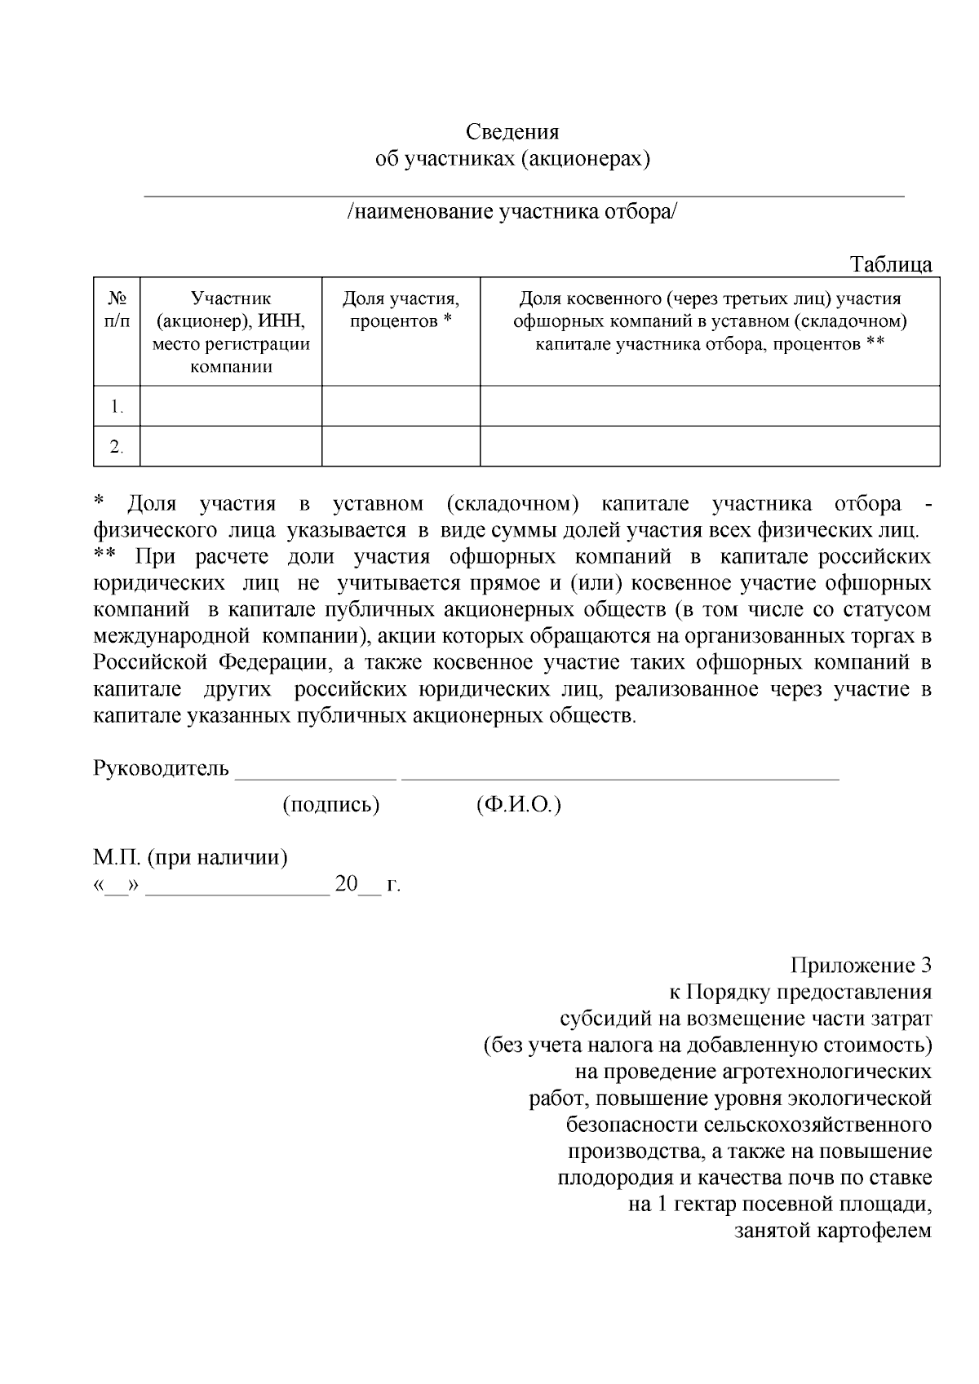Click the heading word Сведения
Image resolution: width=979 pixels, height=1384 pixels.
(512, 132)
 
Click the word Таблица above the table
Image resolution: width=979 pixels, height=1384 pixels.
(891, 265)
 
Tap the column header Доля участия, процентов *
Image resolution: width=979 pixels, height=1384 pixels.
(401, 310)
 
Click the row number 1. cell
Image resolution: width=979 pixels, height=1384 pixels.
(117, 406)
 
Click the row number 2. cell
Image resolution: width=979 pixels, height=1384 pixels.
(117, 447)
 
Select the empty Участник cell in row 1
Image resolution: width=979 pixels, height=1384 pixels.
(231, 406)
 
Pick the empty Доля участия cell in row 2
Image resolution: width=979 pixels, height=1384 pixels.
(401, 446)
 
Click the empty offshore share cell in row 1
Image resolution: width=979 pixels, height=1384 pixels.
(710, 406)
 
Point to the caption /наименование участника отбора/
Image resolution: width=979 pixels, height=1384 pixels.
(512, 212)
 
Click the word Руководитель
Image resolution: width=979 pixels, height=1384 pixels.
(161, 768)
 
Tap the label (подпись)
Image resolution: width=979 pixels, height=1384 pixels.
(331, 805)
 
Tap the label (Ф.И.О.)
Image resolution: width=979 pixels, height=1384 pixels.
(518, 805)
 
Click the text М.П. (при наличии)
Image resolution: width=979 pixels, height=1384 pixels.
(190, 858)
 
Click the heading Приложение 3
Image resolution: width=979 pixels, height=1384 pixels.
(861, 966)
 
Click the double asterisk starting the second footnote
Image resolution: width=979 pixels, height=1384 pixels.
(105, 557)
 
